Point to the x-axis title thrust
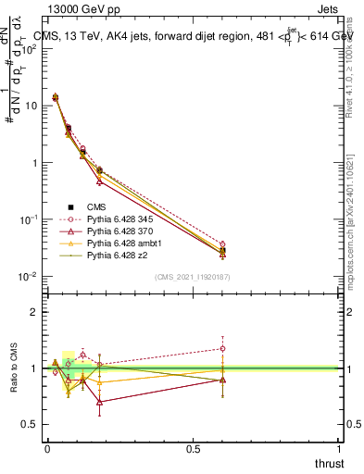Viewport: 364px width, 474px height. pos(329,462)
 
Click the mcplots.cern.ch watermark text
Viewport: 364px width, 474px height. pos(352,213)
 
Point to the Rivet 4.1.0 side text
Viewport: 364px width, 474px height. pos(352,60)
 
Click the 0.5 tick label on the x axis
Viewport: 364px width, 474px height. pos(194,449)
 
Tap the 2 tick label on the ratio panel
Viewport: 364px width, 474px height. pos(33,312)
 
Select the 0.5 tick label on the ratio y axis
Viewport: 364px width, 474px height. pos(30,425)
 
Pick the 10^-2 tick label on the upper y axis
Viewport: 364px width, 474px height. pos(26,277)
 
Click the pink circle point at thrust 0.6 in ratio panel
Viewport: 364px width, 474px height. pos(222,349)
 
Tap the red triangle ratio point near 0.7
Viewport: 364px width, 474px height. pos(99,402)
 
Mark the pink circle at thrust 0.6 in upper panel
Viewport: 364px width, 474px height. pos(222,243)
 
